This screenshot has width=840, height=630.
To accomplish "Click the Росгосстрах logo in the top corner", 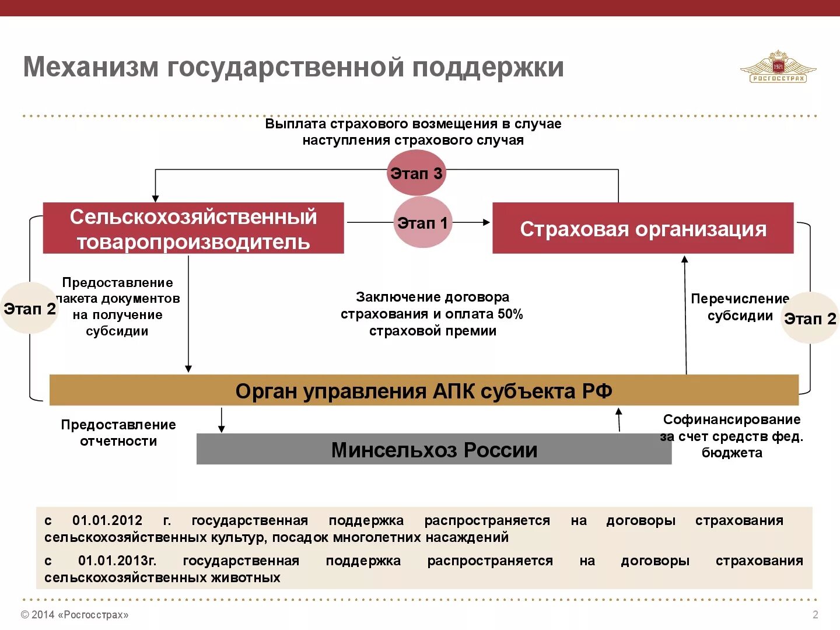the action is coord(778,67).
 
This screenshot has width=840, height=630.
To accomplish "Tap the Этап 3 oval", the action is coord(416,173).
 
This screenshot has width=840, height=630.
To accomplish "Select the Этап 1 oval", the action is coord(422,222).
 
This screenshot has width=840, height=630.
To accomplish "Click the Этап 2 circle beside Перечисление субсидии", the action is coord(810,318).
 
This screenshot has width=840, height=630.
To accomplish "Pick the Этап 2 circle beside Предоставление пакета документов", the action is coord(29,308).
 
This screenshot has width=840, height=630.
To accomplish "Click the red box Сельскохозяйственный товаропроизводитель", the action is coord(193,228).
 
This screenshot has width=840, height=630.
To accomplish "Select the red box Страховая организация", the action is coord(643,228).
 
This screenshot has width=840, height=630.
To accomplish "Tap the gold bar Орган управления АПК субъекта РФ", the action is coord(423,390).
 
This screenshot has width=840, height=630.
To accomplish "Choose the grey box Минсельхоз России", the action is coord(433,449).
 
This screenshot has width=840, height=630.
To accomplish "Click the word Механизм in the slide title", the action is coord(90,67).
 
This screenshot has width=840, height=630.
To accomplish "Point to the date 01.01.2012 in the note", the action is coord(107,520).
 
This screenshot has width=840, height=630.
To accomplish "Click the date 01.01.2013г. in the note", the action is coord(117,561).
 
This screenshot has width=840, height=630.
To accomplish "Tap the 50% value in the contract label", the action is coord(510,314).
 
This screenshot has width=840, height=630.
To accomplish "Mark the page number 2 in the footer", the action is coord(815,614).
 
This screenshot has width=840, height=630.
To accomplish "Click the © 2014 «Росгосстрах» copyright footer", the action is coord(75,614).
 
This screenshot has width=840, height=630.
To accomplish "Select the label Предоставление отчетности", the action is coord(118,433).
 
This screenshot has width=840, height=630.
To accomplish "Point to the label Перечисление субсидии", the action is coord(740,307).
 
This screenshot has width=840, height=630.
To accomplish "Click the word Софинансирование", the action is coord(731,419).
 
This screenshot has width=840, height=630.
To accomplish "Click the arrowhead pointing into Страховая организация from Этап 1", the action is coord(486,222).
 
